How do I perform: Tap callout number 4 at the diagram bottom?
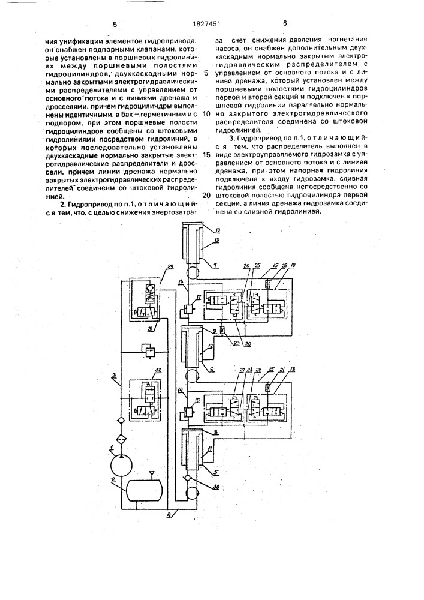(170, 514)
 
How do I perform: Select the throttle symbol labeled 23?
(222, 330)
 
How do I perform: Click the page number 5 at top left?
(114, 25)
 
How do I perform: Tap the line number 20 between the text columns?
(206, 196)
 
